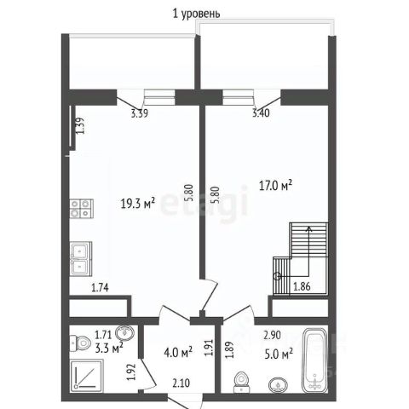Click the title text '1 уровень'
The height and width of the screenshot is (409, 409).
click(x=196, y=14)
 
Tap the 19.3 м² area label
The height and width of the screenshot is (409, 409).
click(x=138, y=204)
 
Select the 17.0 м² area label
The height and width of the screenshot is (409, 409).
click(x=275, y=186)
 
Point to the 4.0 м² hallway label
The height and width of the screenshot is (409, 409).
click(x=178, y=353)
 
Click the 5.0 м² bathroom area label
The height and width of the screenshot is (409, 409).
click(x=279, y=354)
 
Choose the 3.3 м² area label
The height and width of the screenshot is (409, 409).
click(x=109, y=349)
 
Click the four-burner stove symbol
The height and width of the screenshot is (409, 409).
click(x=82, y=209)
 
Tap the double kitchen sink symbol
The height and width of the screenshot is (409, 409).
click(x=81, y=258)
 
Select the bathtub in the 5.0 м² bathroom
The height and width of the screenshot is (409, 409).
click(x=315, y=360)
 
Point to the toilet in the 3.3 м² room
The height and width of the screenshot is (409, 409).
click(x=80, y=343)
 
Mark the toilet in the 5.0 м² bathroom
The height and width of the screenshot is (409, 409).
click(x=242, y=383)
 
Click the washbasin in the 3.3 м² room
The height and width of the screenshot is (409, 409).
click(x=124, y=333)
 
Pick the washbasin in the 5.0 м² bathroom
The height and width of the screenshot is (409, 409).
click(x=278, y=385)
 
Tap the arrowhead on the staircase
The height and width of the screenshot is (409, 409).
click(x=308, y=228)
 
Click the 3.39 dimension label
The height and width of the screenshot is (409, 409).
click(x=140, y=113)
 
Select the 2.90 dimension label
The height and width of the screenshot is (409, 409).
click(x=272, y=335)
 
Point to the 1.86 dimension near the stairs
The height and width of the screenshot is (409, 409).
click(x=302, y=286)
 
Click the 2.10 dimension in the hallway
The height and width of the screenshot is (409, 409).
click(x=181, y=383)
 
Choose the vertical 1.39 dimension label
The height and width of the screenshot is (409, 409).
click(x=80, y=125)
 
